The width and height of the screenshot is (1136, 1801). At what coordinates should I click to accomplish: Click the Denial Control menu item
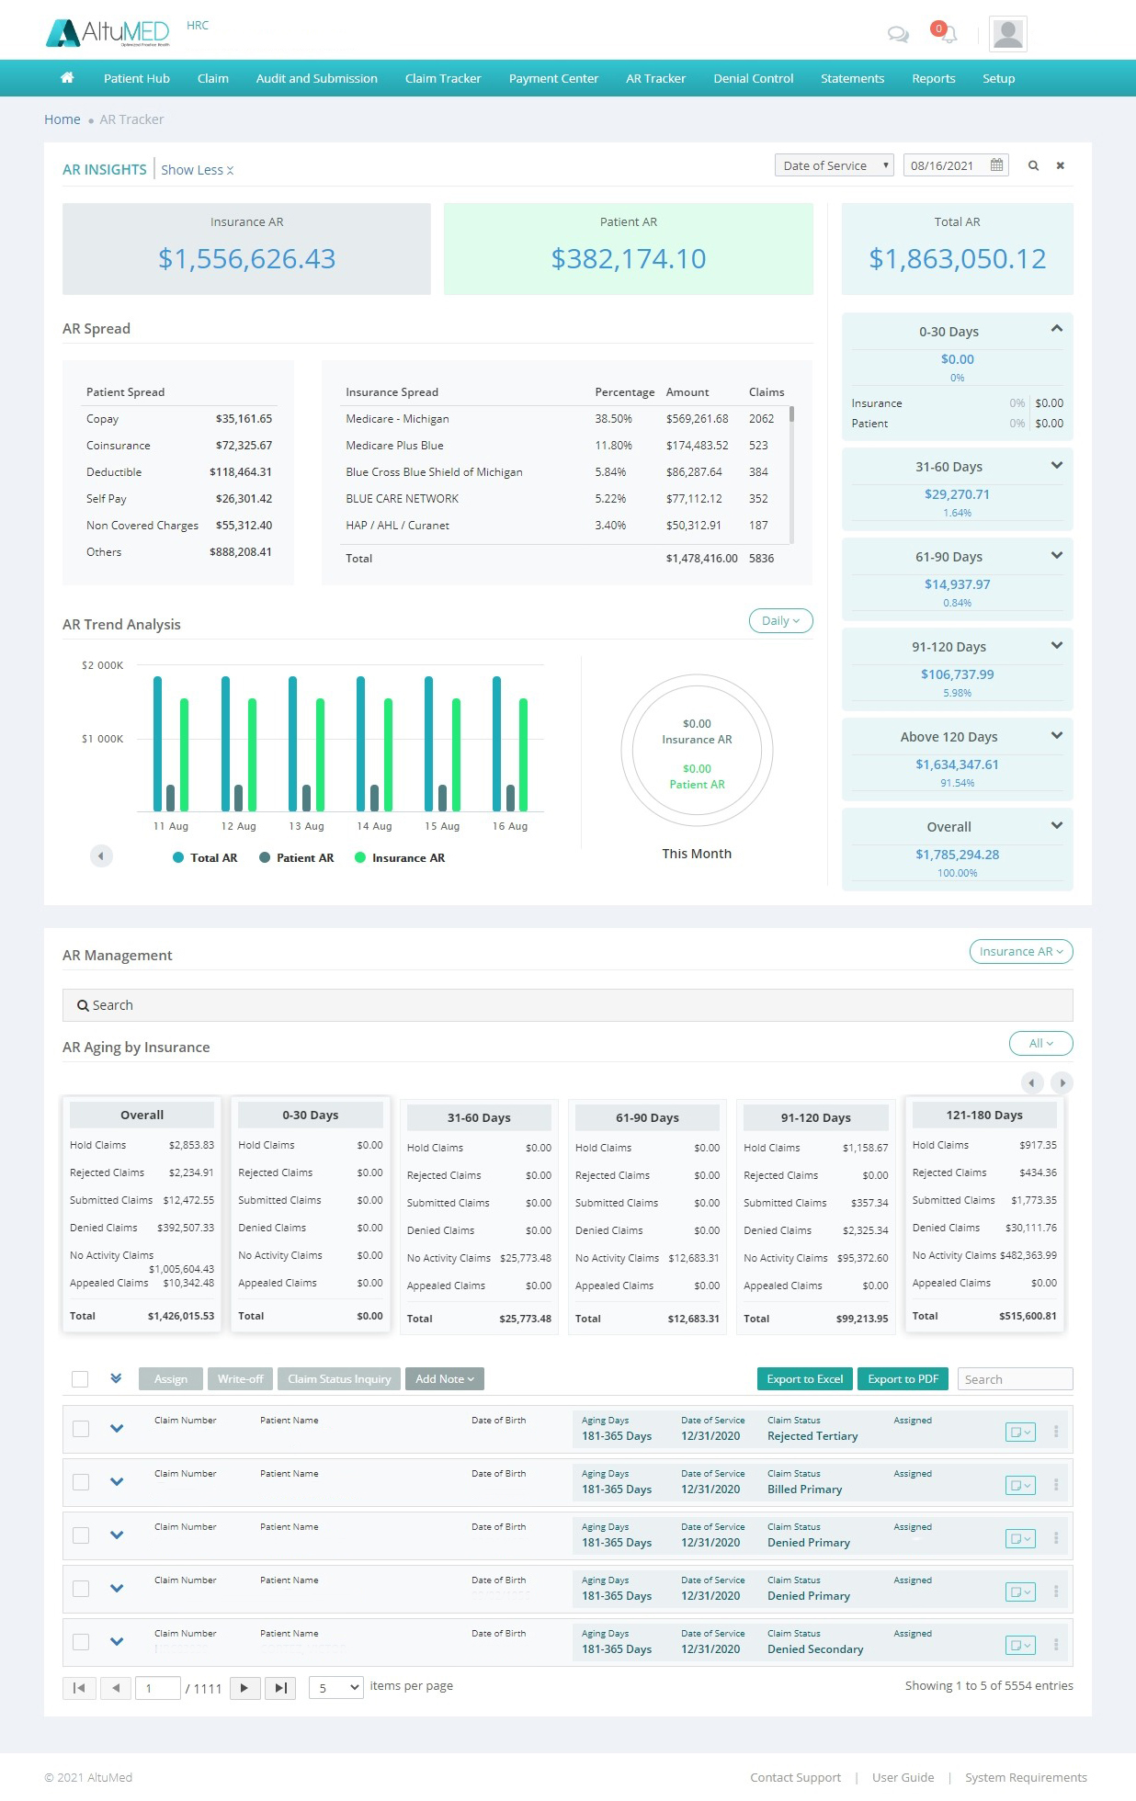coord(753,79)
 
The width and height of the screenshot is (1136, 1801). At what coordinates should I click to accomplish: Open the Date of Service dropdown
coord(834,166)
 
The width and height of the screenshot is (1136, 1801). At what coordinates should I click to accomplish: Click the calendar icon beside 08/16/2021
coord(996,165)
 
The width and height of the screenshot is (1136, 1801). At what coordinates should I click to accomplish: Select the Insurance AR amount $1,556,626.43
coord(246,259)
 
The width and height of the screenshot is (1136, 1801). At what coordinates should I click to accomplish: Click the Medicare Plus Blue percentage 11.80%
coord(613,446)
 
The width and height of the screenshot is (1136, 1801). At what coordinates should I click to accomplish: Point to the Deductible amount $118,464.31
coord(241,472)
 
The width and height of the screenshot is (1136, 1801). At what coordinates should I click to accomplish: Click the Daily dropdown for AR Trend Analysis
coord(780,621)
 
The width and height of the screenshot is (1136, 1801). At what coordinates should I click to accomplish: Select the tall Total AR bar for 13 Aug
coord(293,743)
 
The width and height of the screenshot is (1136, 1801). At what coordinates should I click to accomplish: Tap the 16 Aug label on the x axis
coord(509,827)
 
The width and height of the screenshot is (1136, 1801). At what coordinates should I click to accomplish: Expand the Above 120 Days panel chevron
coord(1056,736)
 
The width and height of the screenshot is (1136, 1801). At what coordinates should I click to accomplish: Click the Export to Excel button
coord(804,1379)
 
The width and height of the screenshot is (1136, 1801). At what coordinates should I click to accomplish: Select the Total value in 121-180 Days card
coord(1028,1317)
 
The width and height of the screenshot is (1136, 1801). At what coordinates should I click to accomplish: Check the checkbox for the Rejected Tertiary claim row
coord(81,1429)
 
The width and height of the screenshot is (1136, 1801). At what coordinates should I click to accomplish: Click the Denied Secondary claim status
coord(815,1649)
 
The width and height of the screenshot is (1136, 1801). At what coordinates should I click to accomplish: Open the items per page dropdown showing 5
coord(335,1688)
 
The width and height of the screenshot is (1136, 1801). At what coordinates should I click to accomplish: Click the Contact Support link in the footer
coord(795,1778)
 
